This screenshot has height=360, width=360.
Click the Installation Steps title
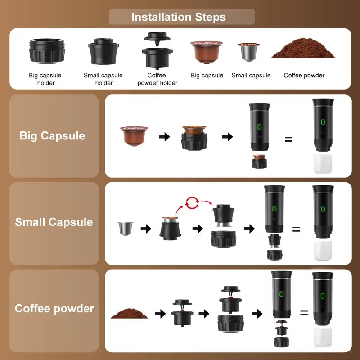(x=179, y=17)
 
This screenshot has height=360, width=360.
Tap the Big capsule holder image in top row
(x=47, y=51)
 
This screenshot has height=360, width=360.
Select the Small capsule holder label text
(x=103, y=79)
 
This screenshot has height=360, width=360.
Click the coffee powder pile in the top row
(x=303, y=50)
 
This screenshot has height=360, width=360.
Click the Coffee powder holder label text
(x=157, y=79)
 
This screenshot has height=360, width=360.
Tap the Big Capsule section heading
(x=52, y=136)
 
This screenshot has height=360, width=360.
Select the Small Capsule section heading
(x=54, y=222)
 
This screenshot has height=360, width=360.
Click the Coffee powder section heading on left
(x=54, y=309)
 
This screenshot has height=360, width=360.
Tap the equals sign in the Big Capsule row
(x=288, y=139)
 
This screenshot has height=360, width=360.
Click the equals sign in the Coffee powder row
(x=304, y=313)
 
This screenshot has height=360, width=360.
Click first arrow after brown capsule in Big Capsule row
(x=165, y=137)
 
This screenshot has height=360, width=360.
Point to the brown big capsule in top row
(x=207, y=51)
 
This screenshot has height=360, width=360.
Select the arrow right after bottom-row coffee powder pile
(x=160, y=314)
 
